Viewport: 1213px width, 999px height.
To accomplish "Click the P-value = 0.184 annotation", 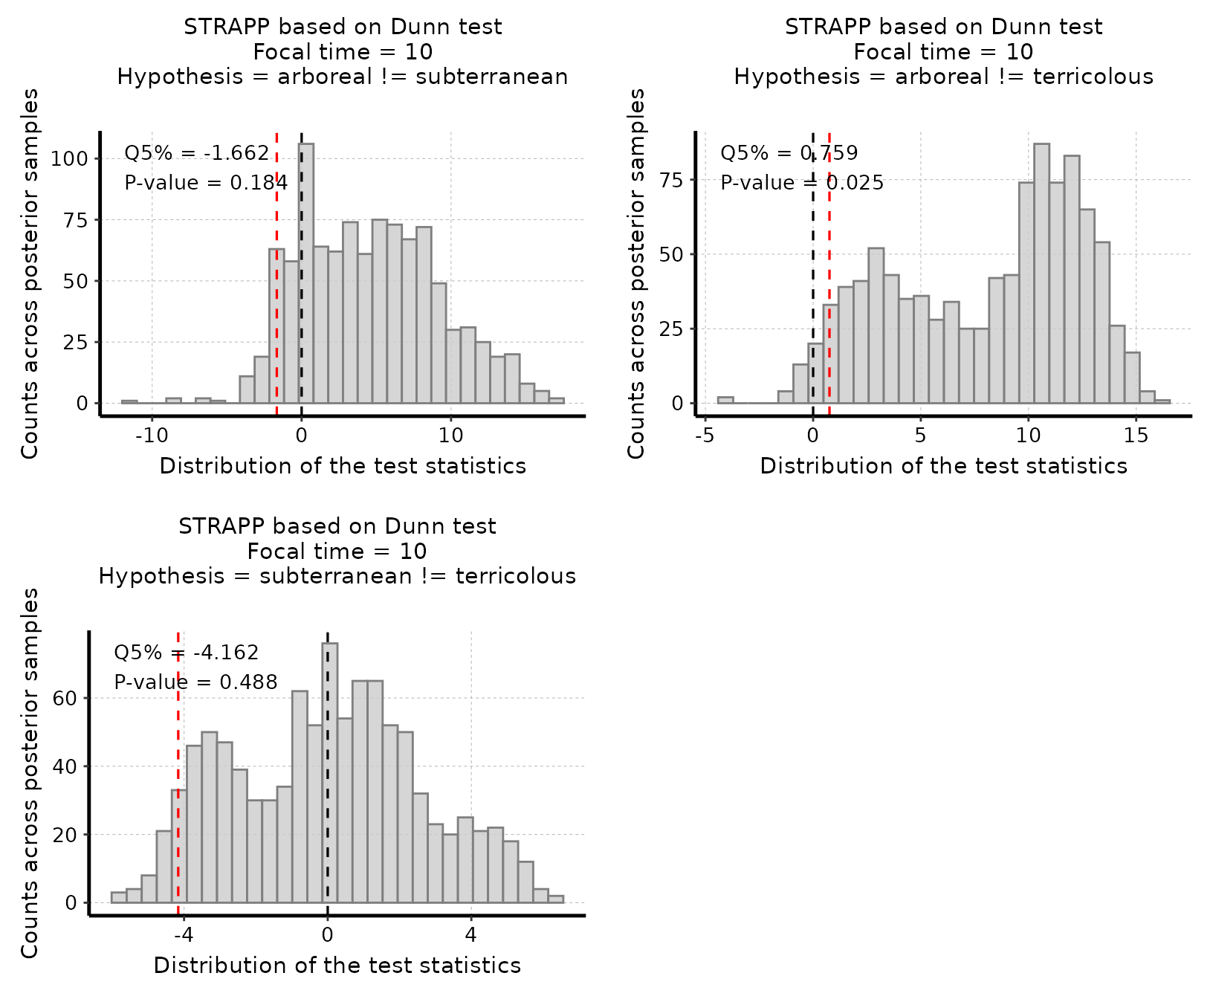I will click(206, 183).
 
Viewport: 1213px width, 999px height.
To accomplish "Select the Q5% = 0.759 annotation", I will click(789, 153).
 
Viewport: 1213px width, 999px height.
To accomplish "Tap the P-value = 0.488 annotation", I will click(195, 682).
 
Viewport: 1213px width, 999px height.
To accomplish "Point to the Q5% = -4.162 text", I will click(186, 653).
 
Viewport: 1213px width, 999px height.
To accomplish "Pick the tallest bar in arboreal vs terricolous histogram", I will click(1041, 274).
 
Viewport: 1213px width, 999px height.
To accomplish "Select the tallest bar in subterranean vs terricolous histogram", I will click(330, 773).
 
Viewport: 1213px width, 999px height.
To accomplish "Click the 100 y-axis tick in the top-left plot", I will click(69, 158).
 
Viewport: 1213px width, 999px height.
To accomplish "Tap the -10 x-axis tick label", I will click(152, 436).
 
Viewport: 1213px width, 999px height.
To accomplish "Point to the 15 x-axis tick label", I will click(1136, 436).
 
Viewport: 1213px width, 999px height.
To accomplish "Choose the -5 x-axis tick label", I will click(705, 436).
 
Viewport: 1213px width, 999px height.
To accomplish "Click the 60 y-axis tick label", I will click(65, 699).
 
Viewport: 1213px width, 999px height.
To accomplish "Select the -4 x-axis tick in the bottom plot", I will click(184, 935).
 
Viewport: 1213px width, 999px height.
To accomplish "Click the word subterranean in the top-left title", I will click(491, 77).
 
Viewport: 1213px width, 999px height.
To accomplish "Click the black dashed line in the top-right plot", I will click(813, 297).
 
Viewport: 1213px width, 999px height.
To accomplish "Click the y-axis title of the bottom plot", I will click(30, 773).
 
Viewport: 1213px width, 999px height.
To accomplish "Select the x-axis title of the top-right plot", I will click(943, 466).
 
